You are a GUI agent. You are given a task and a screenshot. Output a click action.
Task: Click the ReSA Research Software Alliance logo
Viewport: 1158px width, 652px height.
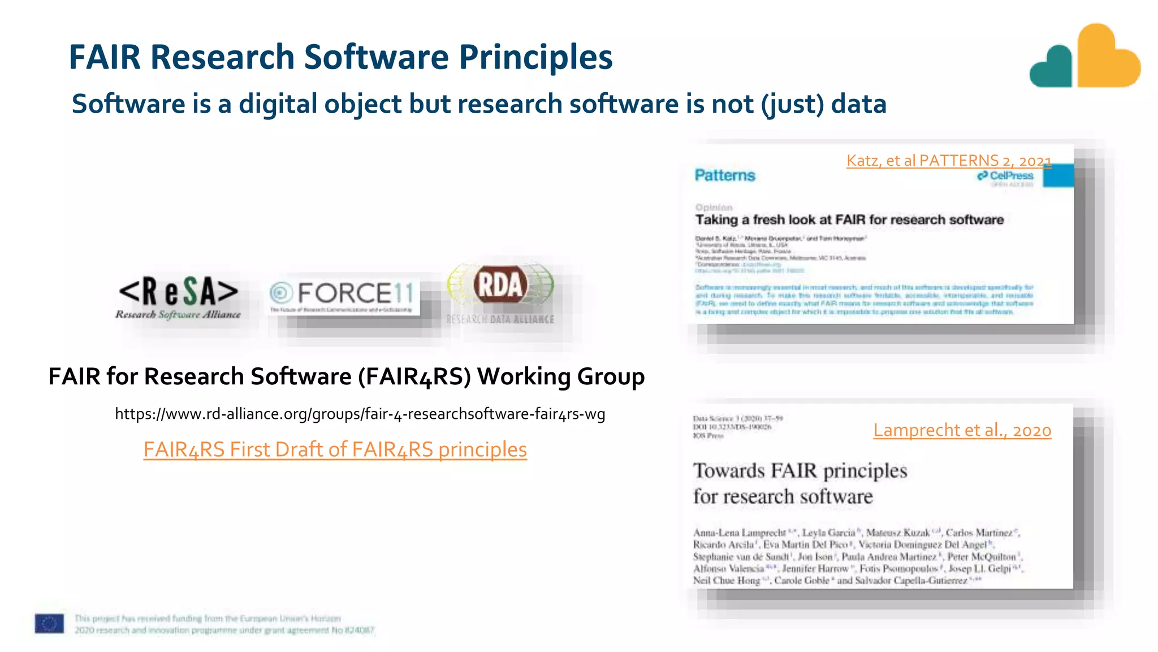pyautogui.click(x=178, y=298)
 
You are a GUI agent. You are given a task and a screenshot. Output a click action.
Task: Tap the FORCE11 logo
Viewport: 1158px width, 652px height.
pyautogui.click(x=343, y=297)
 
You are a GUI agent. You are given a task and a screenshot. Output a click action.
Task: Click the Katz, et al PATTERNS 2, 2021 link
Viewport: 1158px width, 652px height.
pyautogui.click(x=948, y=161)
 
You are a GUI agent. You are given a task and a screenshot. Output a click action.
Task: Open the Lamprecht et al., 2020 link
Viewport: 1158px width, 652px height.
pyautogui.click(x=962, y=430)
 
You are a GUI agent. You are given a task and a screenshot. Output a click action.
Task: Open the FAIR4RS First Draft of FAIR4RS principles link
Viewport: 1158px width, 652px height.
pyautogui.click(x=335, y=449)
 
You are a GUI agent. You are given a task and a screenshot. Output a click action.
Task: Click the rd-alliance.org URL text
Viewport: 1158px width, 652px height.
pyautogui.click(x=360, y=414)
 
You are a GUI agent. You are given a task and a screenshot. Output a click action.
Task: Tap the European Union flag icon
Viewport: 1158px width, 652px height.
pyautogui.click(x=49, y=624)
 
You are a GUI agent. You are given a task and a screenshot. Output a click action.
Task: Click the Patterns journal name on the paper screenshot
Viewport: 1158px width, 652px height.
pyautogui.click(x=725, y=175)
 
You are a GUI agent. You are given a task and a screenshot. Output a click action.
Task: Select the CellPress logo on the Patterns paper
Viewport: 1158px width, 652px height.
pyautogui.click(x=1006, y=176)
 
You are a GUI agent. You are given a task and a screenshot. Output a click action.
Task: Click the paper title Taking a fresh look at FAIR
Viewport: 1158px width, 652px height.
pyautogui.click(x=849, y=220)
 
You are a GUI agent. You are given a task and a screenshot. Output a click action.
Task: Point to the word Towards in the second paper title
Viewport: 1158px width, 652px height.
pyautogui.click(x=729, y=470)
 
